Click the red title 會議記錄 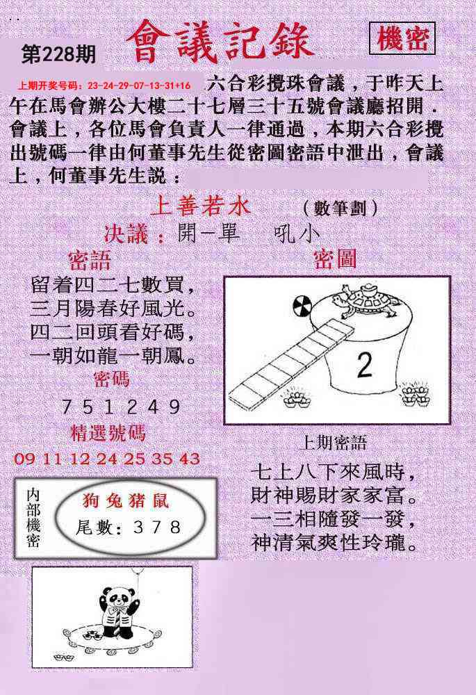[x=220, y=42]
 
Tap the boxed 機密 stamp [x=402, y=38]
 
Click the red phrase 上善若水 [x=201, y=206]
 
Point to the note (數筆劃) [x=340, y=208]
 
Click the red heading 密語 [x=89, y=260]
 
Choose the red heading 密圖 [x=335, y=259]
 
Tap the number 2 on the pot [x=364, y=366]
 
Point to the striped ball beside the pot [x=303, y=306]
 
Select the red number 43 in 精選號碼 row [x=190, y=459]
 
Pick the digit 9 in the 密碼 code [x=174, y=407]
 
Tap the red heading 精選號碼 [x=108, y=434]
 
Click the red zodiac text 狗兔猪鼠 [x=125, y=501]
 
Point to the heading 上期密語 [x=333, y=442]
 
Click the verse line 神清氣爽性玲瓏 [x=335, y=542]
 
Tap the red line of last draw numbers [x=104, y=85]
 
